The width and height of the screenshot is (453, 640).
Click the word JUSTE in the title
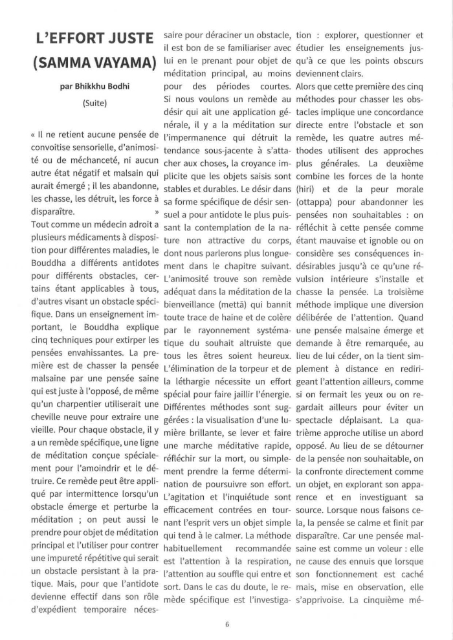(x=126, y=39)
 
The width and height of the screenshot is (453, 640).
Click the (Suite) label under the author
(x=94, y=103)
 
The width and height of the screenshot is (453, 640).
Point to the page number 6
(x=227, y=624)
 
